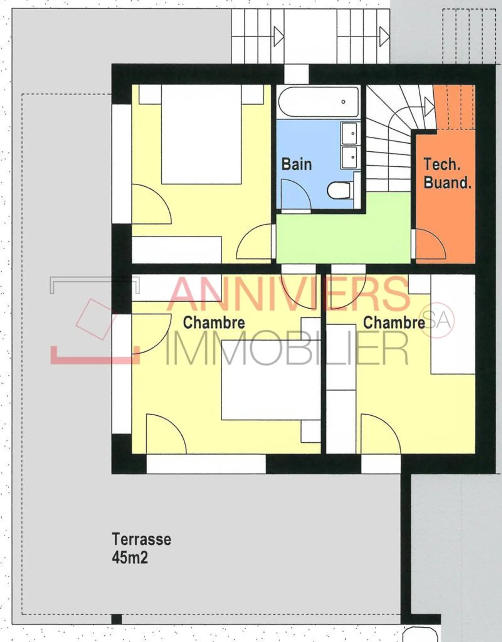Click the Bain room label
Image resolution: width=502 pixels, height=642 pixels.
[x=297, y=164]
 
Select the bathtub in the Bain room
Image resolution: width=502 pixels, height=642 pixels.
[x=318, y=102]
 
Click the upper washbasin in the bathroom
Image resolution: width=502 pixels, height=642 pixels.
[x=349, y=133]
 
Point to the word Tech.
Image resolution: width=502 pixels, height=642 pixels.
[x=442, y=164]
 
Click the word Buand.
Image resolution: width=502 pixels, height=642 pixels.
[x=448, y=183]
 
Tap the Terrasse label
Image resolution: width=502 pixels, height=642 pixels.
[x=142, y=539]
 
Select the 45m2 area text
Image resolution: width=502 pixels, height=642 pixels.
[x=130, y=557]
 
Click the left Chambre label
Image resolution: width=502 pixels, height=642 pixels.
[x=214, y=323]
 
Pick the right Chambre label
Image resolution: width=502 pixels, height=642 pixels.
[x=394, y=323]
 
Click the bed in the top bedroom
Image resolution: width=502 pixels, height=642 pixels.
[x=201, y=134]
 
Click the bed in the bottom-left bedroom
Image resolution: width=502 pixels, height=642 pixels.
[x=271, y=380]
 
